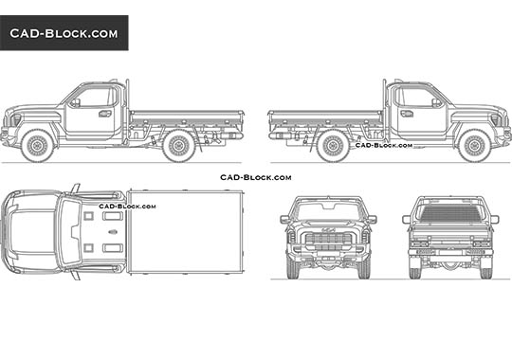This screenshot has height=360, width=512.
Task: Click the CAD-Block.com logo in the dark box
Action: click(x=64, y=33)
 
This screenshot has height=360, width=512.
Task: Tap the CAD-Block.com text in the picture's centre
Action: click(x=255, y=177)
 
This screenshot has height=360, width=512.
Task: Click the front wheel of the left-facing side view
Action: click(x=38, y=145)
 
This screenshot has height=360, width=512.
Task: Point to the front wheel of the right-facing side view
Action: click(x=473, y=145)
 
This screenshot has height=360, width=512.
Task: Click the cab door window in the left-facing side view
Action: click(x=96, y=98)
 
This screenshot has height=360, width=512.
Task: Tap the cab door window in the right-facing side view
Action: click(x=414, y=98)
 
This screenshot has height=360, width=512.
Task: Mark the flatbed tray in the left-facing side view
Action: click(x=185, y=118)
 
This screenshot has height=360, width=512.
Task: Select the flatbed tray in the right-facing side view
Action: click(x=325, y=118)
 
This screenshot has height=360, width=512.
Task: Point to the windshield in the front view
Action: click(x=325, y=209)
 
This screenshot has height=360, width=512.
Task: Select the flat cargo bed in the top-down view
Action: click(x=185, y=231)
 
